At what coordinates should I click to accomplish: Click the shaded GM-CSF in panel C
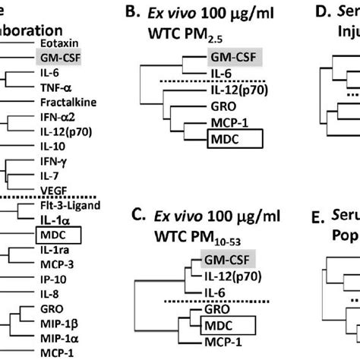[204, 279]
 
